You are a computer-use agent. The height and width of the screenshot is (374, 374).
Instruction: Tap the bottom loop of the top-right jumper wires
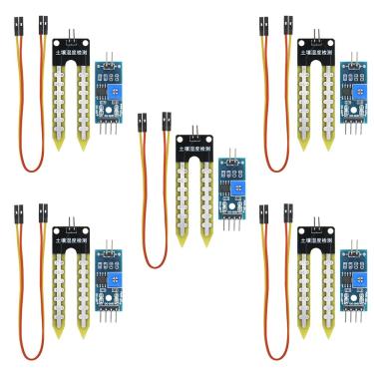click(x=275, y=161)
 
